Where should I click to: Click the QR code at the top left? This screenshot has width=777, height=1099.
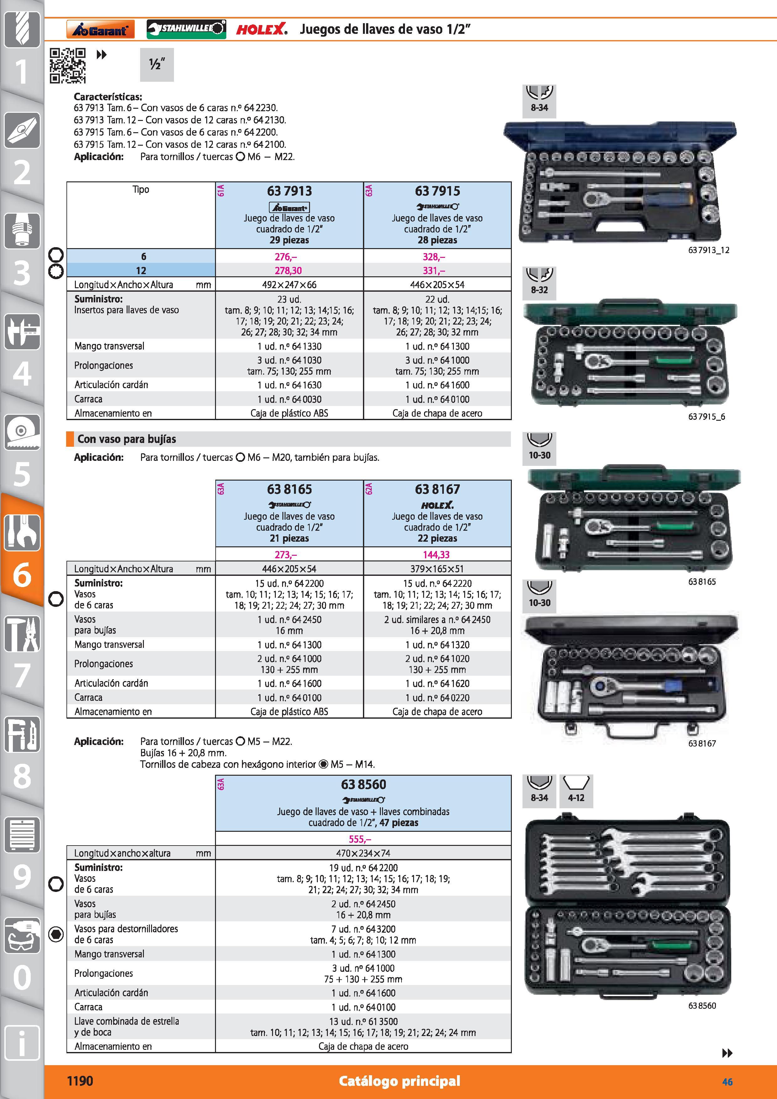(x=68, y=65)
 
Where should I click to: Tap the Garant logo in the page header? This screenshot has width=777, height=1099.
(x=101, y=29)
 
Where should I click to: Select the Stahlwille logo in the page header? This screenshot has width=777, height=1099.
(x=186, y=29)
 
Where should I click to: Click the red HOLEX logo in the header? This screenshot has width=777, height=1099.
(x=262, y=29)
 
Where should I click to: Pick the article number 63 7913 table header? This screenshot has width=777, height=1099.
(x=289, y=191)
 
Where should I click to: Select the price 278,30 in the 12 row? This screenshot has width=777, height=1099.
(x=288, y=270)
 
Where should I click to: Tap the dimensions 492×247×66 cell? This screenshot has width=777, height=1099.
(x=289, y=285)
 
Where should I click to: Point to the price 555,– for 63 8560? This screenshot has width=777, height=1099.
(x=360, y=839)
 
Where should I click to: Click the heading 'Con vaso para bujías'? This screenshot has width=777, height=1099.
(x=127, y=439)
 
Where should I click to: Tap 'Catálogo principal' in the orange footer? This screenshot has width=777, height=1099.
(x=399, y=1081)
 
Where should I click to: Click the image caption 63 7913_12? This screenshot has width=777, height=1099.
(x=709, y=250)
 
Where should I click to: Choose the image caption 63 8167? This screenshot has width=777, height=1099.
(x=702, y=743)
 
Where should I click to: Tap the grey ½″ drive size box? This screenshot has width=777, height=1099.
(x=157, y=65)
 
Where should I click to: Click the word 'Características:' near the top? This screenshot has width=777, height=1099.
(x=108, y=97)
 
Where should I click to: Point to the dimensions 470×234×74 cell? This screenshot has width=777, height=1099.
(x=363, y=853)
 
